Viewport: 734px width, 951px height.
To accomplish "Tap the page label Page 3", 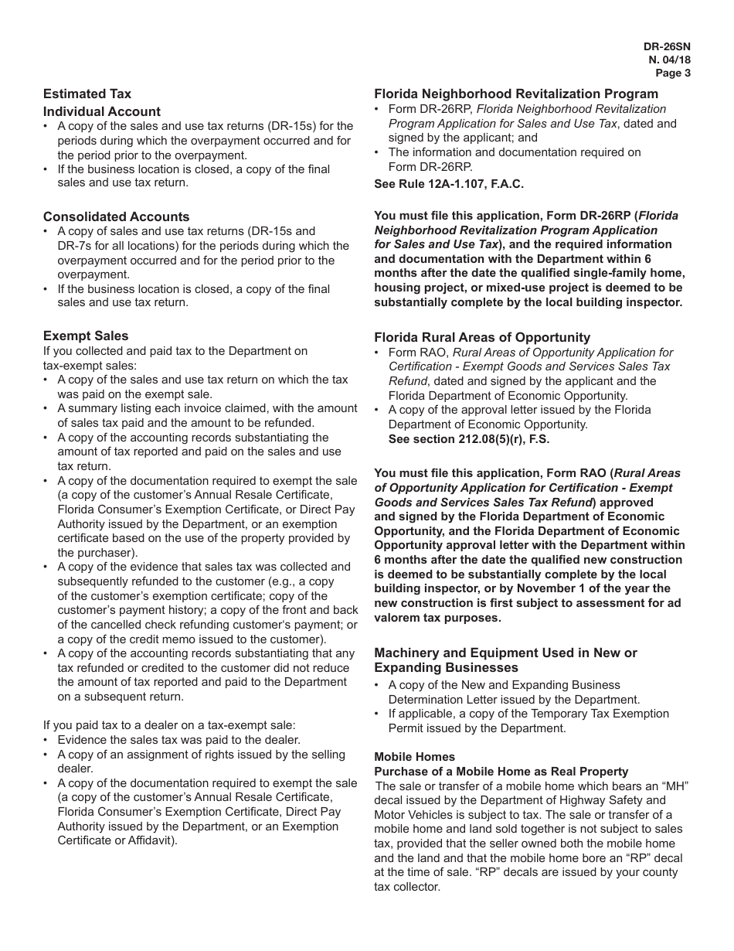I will [x=672, y=73].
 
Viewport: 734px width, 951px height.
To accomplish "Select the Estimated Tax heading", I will [x=87, y=94].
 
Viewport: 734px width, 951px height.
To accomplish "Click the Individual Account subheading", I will [x=102, y=111].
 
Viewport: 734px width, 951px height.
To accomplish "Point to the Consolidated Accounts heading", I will [x=116, y=216].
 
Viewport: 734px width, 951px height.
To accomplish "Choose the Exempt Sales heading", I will [x=86, y=336].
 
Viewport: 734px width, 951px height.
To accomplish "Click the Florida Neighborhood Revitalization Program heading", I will [x=516, y=94].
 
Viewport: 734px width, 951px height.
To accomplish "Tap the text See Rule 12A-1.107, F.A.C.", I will [x=449, y=184].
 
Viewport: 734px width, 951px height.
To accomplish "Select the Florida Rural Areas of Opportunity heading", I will [x=482, y=337].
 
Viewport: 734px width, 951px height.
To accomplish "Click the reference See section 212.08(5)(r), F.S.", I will [x=469, y=439].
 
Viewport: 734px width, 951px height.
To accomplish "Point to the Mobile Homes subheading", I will [x=414, y=757].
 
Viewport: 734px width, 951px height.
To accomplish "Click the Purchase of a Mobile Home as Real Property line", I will [x=501, y=772].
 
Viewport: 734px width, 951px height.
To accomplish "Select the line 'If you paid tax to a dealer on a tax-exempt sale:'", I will [x=169, y=725].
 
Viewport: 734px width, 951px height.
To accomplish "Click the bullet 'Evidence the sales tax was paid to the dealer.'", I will [x=178, y=740].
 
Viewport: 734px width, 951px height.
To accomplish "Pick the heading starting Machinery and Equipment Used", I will [x=505, y=653].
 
